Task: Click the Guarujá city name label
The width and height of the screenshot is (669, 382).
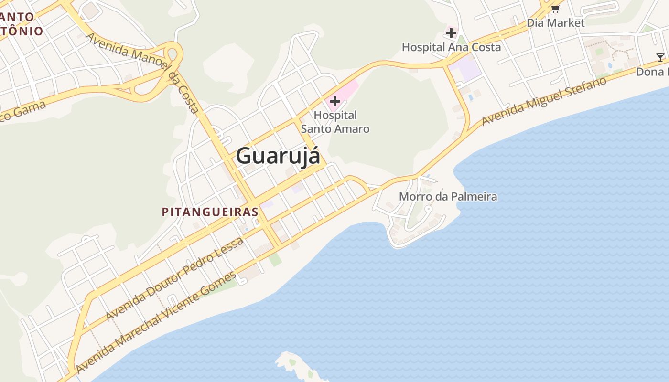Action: coord(278,156)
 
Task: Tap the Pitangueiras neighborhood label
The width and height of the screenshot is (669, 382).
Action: coord(210,212)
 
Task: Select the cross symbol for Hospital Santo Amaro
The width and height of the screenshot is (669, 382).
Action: coord(335,101)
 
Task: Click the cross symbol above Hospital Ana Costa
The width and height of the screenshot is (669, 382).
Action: coord(451,33)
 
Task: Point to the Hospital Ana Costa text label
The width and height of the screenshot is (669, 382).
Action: coord(451,47)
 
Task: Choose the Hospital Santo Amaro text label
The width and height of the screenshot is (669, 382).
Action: coord(335,122)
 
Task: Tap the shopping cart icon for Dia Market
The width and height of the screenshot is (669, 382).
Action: coord(555,9)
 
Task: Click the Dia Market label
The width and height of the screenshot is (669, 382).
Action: coord(555,23)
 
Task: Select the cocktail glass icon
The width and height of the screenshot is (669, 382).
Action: coord(660,58)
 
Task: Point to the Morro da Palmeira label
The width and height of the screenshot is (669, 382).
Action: coord(448,196)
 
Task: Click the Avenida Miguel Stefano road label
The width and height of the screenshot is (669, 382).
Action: coord(544,101)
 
